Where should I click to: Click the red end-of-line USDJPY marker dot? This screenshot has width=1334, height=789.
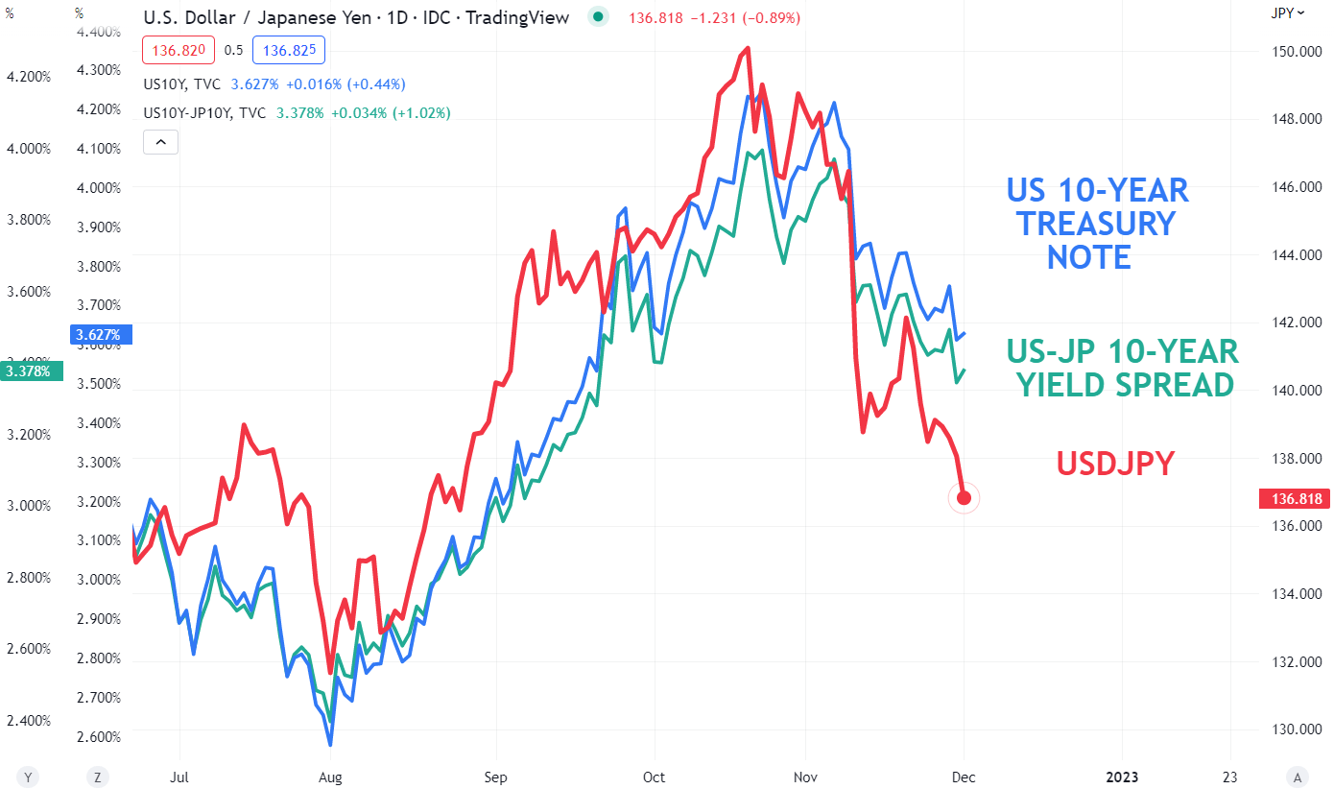pyautogui.click(x=964, y=497)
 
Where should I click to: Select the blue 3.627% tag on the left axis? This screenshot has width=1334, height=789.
pyautogui.click(x=101, y=335)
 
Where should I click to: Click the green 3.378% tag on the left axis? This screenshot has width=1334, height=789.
pyautogui.click(x=33, y=371)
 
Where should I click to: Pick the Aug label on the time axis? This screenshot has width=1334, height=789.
pyautogui.click(x=329, y=777)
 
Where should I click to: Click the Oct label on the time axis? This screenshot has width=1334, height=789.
pyautogui.click(x=654, y=777)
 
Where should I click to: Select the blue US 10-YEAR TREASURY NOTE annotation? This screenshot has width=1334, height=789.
pyautogui.click(x=1096, y=224)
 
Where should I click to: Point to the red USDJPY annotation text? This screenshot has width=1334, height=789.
pyautogui.click(x=1115, y=464)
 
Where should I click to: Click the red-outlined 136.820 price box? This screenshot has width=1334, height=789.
pyautogui.click(x=173, y=50)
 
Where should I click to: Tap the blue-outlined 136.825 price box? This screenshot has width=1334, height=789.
pyautogui.click(x=289, y=50)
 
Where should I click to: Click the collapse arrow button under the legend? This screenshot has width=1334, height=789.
pyautogui.click(x=160, y=142)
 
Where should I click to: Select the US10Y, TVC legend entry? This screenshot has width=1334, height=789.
pyautogui.click(x=182, y=84)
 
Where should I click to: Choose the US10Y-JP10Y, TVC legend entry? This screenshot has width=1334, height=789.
pyautogui.click(x=204, y=113)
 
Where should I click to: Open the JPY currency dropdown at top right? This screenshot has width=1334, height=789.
pyautogui.click(x=1287, y=12)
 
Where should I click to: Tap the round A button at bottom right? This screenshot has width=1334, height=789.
pyautogui.click(x=1298, y=777)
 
